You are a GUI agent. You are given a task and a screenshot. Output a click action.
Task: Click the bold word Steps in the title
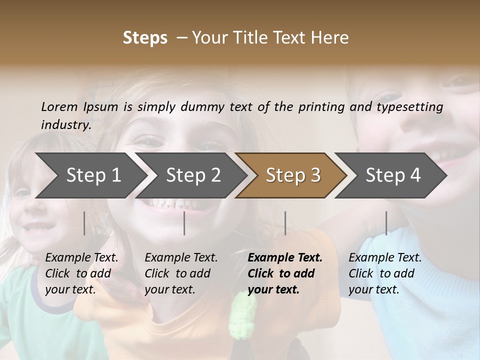(x=145, y=38)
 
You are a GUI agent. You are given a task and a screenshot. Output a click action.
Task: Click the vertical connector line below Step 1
(x=84, y=223)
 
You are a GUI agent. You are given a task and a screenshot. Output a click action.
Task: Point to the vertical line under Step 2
(x=184, y=223)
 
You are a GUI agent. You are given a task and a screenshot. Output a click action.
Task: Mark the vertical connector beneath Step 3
(x=285, y=223)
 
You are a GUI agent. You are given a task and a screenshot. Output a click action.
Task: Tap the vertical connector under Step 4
(x=386, y=223)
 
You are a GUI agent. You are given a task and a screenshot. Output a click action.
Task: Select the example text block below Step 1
(x=81, y=273)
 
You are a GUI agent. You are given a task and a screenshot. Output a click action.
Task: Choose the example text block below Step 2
(x=181, y=273)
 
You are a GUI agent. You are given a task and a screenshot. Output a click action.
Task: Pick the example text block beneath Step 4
(x=385, y=273)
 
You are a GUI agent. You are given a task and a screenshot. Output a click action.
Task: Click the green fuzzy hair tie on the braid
(x=243, y=315)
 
